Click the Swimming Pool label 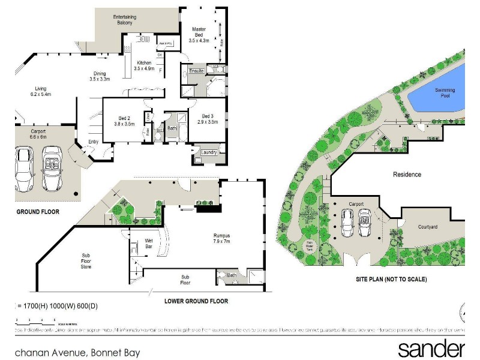point(445,93)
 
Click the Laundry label point(209,152)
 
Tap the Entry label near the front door point(94,142)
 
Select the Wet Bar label point(149,243)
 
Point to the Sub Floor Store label point(86,260)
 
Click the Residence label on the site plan point(407,175)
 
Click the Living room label point(41,91)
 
